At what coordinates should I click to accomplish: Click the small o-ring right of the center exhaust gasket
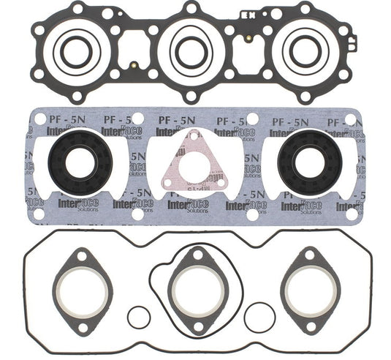(259, 315)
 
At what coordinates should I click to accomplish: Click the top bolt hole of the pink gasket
(192, 135)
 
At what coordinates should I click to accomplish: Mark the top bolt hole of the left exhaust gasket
(79, 255)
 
